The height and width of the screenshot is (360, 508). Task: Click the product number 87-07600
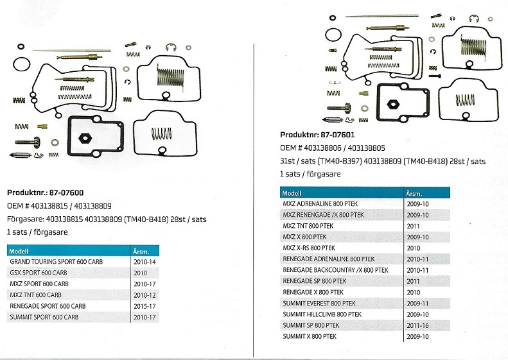click(66, 193)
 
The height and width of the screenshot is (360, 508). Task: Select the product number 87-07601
click(338, 135)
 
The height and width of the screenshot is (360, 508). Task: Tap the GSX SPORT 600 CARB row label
click(39, 273)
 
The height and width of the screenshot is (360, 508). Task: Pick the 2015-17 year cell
click(145, 306)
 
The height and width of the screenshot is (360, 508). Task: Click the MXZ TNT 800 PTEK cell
click(308, 226)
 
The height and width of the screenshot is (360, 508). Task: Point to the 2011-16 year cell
click(417, 325)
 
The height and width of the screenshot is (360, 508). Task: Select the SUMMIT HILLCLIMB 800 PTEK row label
click(322, 314)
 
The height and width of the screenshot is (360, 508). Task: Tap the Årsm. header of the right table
click(414, 194)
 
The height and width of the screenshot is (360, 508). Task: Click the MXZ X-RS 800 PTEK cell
click(309, 248)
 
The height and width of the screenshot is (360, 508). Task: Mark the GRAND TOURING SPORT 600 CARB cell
click(57, 262)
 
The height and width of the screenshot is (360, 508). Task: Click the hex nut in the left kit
click(85, 138)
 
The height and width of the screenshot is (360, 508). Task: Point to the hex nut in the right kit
click(393, 104)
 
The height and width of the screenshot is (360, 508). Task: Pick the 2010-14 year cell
click(145, 262)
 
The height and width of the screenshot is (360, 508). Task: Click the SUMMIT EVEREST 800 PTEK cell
click(319, 304)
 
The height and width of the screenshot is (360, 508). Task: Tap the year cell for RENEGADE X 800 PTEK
click(413, 293)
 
